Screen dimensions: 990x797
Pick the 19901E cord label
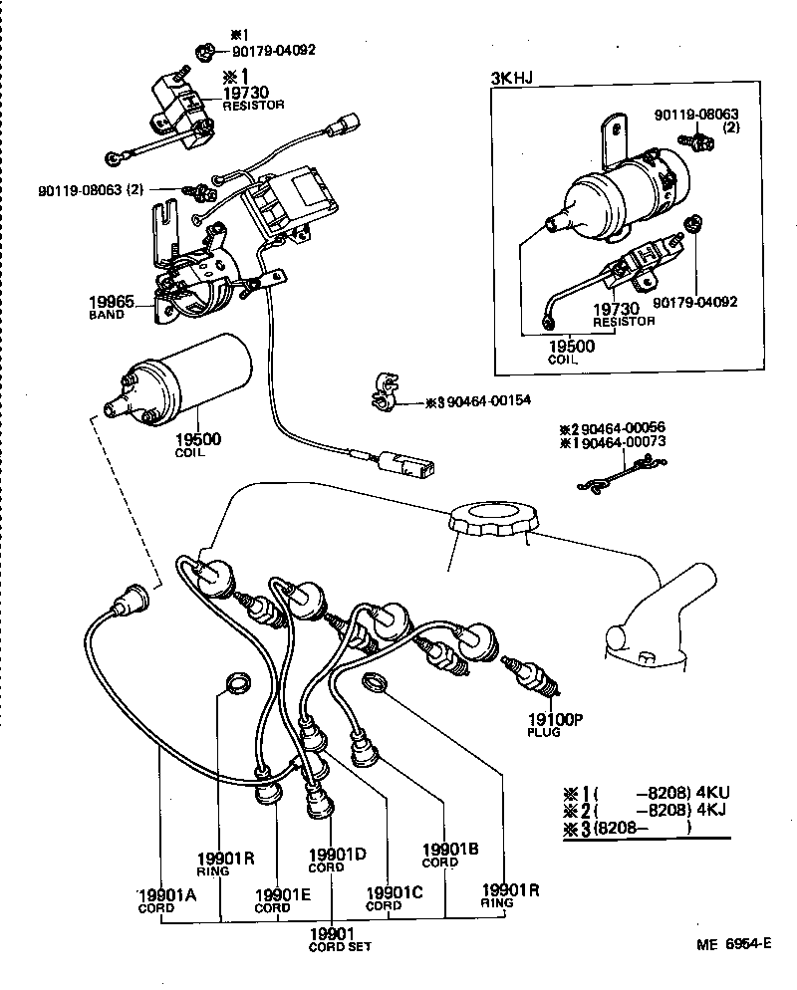coord(283,894)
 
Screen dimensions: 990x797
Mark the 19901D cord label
coord(338,854)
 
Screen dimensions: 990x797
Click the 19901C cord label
coord(396,892)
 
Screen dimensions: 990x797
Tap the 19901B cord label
coord(450,849)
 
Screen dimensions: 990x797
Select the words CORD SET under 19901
coord(340,946)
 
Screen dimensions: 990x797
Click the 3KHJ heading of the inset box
coord(510,78)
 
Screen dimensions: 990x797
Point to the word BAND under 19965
coord(107,315)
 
